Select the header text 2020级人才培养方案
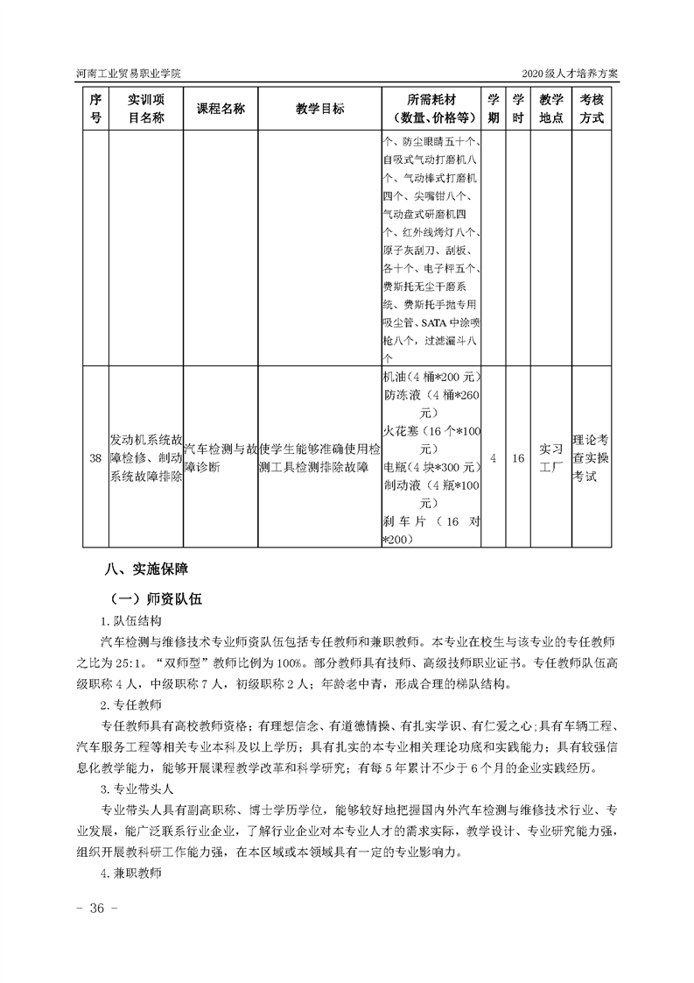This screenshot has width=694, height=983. pyautogui.click(x=570, y=72)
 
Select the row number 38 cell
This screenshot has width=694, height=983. pyautogui.click(x=95, y=458)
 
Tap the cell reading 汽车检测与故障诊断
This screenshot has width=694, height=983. pyautogui.click(x=221, y=458)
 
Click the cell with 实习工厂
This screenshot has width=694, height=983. pyautogui.click(x=551, y=458)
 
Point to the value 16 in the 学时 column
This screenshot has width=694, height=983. pyautogui.click(x=518, y=458)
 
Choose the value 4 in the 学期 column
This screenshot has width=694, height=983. pyautogui.click(x=494, y=458)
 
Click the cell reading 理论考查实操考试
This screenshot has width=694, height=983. pyautogui.click(x=592, y=458)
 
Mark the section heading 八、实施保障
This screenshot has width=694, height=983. pyautogui.click(x=145, y=569)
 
